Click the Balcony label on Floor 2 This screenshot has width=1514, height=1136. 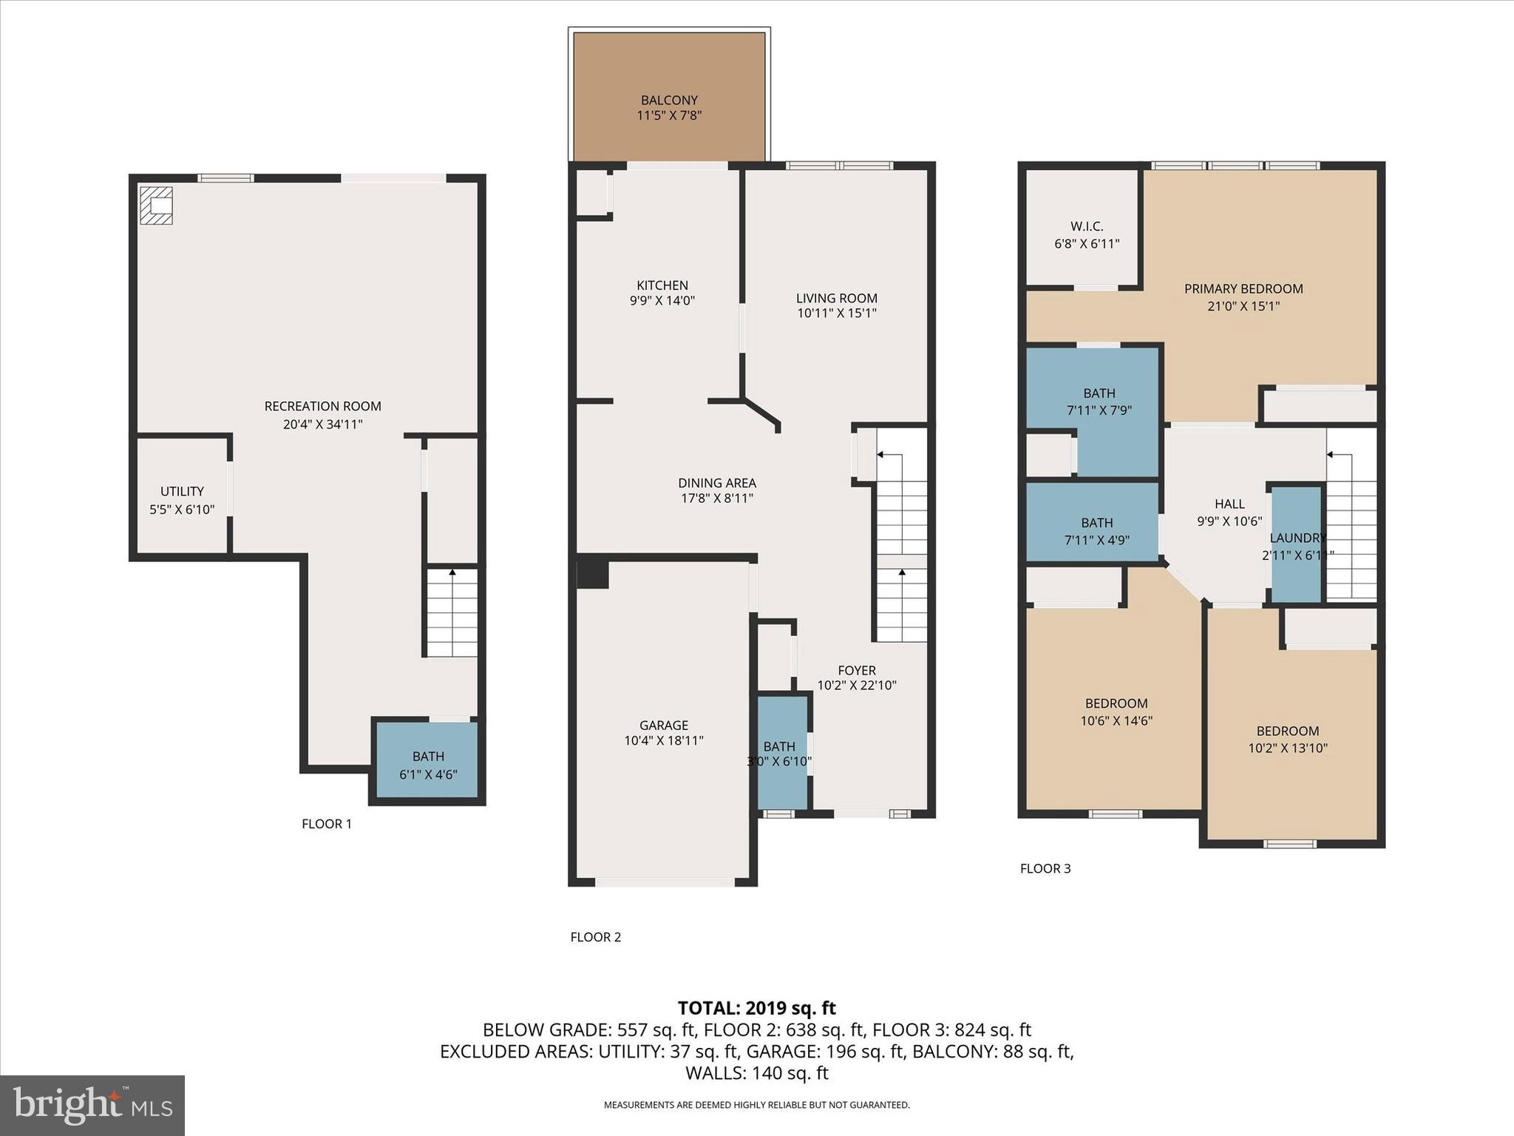669,100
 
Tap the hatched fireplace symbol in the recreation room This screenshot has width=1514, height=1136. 157,205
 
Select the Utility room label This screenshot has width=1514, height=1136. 182,491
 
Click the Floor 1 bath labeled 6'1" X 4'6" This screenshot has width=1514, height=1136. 428,765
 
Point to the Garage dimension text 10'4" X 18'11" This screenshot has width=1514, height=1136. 663,740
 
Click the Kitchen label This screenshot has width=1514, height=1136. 662,285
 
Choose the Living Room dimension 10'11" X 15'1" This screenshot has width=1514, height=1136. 836,314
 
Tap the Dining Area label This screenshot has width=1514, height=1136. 716,483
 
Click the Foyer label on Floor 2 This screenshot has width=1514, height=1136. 856,670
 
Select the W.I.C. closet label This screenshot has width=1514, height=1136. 1086,226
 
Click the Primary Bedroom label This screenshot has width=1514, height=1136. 1243,288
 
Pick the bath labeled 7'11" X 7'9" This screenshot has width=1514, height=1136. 1099,402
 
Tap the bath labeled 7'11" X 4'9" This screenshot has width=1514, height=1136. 1096,531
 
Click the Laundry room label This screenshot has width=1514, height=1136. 1297,538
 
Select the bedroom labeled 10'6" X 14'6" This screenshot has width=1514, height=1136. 1116,711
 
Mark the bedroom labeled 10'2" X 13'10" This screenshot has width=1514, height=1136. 1287,739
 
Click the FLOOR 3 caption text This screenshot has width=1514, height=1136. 1045,868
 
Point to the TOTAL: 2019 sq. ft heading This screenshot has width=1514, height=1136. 756,1008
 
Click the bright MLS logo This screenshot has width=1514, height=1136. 92,1105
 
